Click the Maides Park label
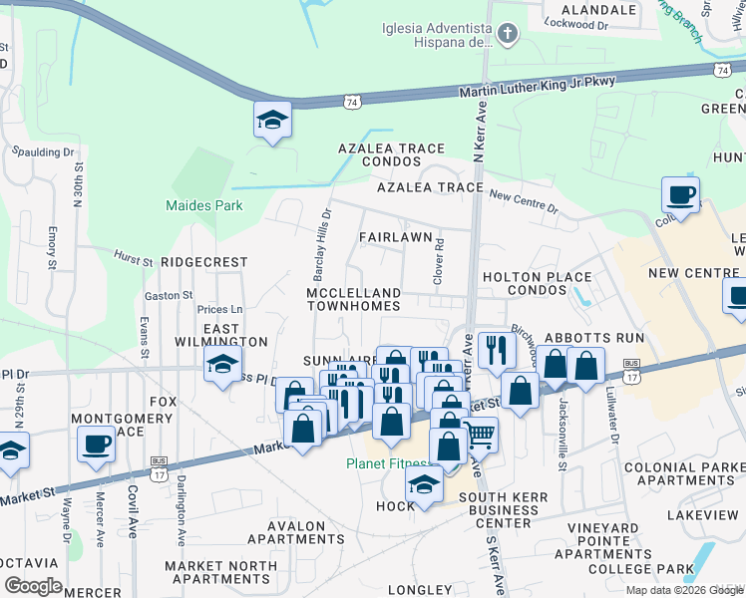click(189, 206)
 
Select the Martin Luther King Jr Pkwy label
click(538, 87)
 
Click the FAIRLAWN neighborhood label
click(395, 237)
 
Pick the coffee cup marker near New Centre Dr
click(680, 194)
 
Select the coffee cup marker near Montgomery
click(97, 443)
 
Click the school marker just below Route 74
click(272, 119)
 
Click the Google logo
click(33, 586)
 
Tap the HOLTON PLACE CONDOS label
click(537, 283)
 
